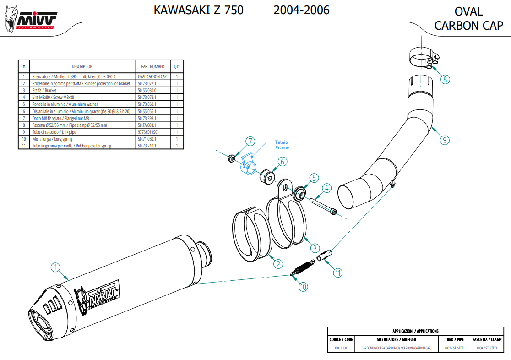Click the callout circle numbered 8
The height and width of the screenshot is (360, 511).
(x=445, y=79)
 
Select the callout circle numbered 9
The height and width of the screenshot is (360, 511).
(x=445, y=140)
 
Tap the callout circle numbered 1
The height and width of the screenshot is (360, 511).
(x=55, y=267)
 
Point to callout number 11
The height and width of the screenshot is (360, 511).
(x=337, y=273)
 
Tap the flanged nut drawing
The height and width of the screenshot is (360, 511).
(x=232, y=158)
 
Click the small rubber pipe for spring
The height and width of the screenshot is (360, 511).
(x=328, y=255)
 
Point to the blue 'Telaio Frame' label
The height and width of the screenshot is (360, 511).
(x=282, y=145)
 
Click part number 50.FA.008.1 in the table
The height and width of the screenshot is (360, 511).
(x=147, y=125)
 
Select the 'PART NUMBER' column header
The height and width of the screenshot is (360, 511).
(x=152, y=66)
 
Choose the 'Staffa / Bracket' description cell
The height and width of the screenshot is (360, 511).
(x=44, y=91)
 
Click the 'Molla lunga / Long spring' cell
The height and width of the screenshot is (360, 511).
(x=52, y=139)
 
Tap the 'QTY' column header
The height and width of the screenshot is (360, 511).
(x=177, y=66)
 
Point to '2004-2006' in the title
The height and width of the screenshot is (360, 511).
(x=301, y=10)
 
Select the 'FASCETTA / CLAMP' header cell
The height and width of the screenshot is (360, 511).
(x=487, y=340)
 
